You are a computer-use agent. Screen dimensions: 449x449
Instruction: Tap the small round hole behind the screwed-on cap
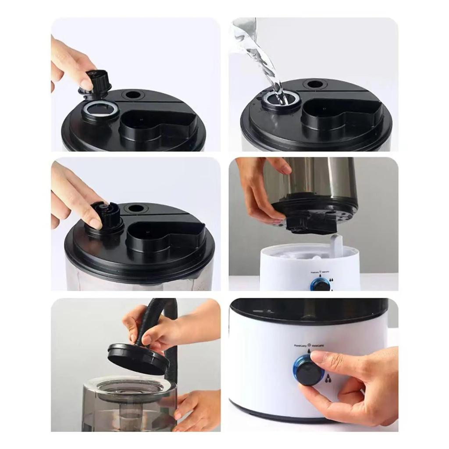click(x=136, y=209)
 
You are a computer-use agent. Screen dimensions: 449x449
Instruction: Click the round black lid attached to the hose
click(x=138, y=357)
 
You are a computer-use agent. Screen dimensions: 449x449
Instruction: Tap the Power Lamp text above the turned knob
click(x=302, y=346)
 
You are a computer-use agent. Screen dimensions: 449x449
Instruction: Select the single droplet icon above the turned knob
click(x=309, y=352)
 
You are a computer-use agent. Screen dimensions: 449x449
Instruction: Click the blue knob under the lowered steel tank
click(x=321, y=285)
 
